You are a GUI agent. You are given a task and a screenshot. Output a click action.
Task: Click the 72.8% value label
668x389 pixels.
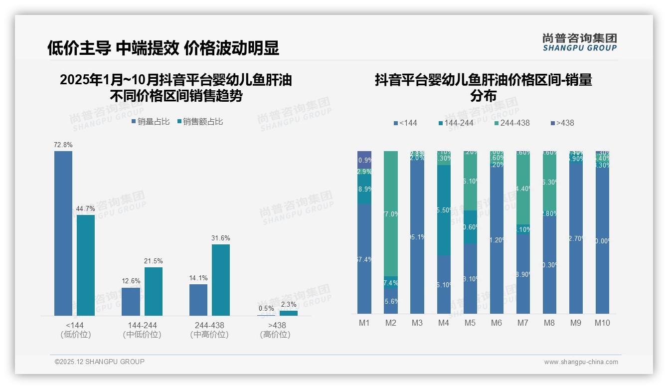(x=63, y=145)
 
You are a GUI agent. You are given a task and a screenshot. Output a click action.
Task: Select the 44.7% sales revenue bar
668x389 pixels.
(x=86, y=265)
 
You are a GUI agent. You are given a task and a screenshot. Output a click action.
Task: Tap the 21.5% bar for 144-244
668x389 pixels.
(x=154, y=291)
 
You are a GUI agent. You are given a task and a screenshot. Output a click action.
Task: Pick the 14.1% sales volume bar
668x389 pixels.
(x=198, y=300)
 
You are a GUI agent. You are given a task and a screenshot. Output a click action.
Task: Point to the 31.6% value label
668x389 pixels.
(x=221, y=238)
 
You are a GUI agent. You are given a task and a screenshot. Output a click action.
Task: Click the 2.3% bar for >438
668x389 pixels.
(x=289, y=313)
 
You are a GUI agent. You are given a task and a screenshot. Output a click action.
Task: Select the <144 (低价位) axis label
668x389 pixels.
(x=75, y=330)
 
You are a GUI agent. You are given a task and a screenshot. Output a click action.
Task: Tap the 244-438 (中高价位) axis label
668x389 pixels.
(x=209, y=330)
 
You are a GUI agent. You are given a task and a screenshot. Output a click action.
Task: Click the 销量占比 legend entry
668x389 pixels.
(x=151, y=121)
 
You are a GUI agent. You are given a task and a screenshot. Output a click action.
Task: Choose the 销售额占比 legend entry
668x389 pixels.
(x=200, y=121)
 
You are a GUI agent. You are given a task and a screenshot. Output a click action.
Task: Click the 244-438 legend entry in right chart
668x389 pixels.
(x=512, y=123)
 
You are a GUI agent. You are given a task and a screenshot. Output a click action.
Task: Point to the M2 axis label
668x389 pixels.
(x=391, y=323)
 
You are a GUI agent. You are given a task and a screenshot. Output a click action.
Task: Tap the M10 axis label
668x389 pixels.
(x=602, y=323)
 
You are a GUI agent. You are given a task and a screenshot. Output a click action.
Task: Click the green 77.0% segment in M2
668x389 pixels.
(x=391, y=213)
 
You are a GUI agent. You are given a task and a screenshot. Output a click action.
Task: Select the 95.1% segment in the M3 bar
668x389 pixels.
(x=417, y=237)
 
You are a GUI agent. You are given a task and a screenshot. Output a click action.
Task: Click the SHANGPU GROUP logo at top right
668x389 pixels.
(x=580, y=42)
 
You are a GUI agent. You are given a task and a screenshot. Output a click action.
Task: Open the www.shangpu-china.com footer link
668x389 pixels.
(x=581, y=362)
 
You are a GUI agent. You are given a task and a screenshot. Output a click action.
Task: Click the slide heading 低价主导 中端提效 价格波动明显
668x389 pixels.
(x=163, y=48)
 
